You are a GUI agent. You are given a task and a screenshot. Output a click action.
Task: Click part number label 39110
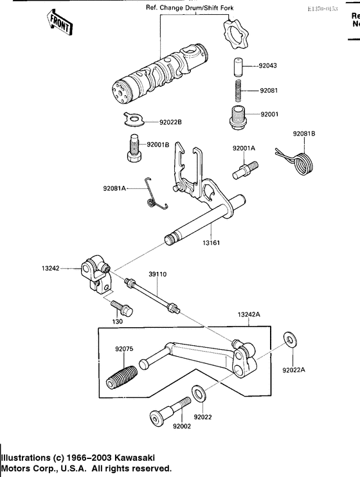click(x=157, y=274)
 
